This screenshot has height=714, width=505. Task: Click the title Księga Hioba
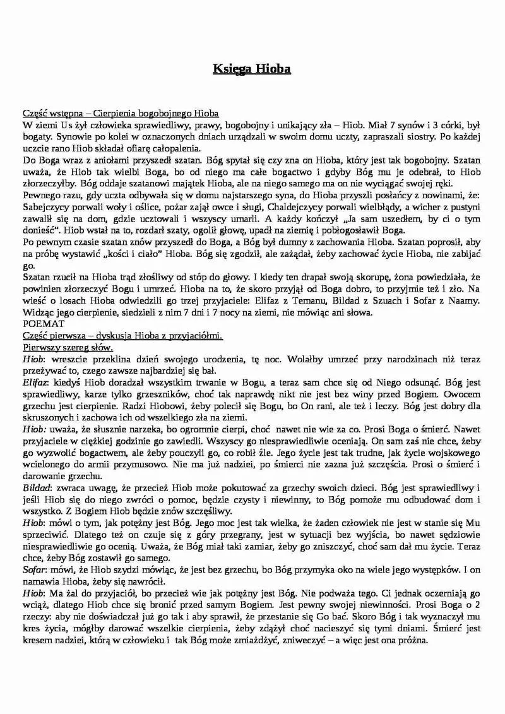251,69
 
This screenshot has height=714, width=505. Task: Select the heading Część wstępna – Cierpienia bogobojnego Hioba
120,113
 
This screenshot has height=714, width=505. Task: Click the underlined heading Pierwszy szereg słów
68,347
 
